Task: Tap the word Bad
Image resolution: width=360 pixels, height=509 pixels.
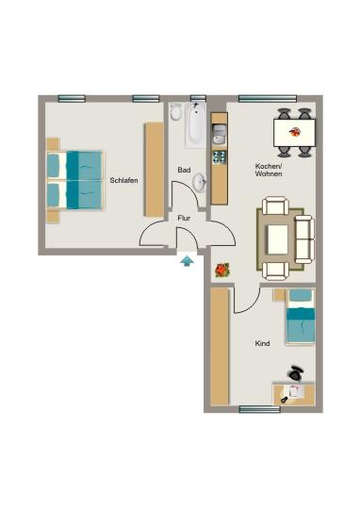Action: click(184, 170)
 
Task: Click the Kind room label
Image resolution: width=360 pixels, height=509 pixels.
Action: click(262, 344)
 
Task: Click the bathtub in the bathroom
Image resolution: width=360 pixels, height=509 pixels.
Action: click(194, 125)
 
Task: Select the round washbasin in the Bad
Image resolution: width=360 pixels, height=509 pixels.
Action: click(200, 181)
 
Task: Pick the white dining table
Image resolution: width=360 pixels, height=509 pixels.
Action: click(293, 132)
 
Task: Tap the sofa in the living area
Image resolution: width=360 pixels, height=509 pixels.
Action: click(304, 238)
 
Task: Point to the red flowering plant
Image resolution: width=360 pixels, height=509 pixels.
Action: click(221, 271)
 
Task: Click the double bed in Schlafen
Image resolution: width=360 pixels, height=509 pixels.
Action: click(74, 179)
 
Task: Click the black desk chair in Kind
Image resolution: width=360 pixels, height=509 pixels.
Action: click(298, 372)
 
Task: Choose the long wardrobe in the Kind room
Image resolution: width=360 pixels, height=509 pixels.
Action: click(220, 345)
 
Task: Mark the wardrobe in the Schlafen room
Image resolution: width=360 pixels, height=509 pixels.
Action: click(153, 170)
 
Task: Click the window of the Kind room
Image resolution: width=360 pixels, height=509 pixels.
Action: click(258, 409)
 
